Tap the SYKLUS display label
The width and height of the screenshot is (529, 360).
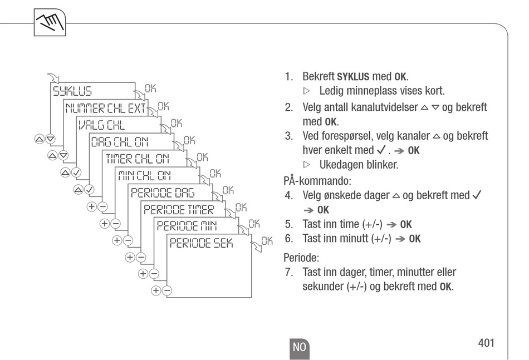point(72,91)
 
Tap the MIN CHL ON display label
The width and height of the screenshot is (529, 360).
point(144,176)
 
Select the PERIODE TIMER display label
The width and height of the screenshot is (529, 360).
point(178,209)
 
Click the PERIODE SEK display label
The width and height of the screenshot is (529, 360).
point(201,243)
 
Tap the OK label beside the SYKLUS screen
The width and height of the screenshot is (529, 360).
point(150,88)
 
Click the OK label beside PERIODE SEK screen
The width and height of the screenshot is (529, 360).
point(267,241)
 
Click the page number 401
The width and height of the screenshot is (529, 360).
point(486,343)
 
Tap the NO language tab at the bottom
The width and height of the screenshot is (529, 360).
point(299,347)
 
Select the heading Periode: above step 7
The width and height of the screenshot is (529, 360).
point(301,258)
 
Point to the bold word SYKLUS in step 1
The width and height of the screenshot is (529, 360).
point(353,76)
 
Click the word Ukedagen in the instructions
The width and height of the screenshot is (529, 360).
point(339,165)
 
